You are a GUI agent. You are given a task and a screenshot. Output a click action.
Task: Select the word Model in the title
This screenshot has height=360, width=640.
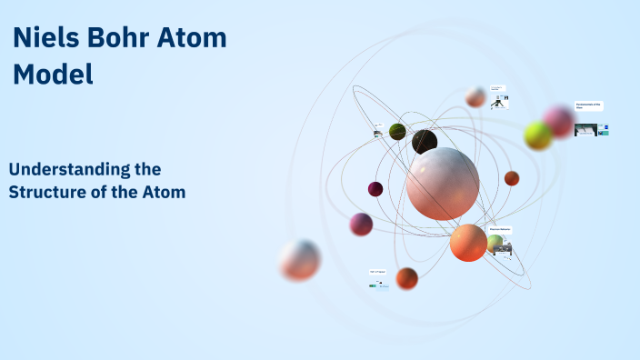(54, 74)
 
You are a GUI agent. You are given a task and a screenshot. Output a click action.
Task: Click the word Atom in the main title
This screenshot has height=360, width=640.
(195, 39)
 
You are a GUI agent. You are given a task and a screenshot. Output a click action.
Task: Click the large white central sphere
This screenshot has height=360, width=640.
(443, 184)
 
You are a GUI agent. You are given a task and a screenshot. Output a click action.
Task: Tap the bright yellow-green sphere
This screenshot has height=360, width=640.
(538, 136)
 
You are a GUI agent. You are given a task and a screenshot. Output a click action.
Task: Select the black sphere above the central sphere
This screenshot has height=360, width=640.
(425, 142)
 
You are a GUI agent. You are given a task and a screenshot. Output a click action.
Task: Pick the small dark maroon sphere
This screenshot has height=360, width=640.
(375, 189)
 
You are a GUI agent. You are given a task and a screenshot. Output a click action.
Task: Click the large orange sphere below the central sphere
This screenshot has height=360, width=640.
(468, 243)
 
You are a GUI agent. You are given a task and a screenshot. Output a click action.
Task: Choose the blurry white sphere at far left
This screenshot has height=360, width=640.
(300, 260)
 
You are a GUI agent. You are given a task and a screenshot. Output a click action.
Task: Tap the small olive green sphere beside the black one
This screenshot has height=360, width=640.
(397, 132)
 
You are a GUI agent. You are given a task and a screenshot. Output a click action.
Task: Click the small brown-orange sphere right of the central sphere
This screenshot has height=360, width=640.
(512, 178)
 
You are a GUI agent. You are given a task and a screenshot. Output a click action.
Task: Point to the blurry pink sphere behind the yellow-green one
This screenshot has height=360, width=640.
(559, 121)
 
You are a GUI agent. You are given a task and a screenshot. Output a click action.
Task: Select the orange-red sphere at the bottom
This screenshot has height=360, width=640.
(407, 278)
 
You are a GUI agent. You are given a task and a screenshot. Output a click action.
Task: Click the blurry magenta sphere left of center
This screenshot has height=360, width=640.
(362, 224)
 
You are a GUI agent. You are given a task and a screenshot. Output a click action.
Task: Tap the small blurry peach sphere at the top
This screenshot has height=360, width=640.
(475, 97)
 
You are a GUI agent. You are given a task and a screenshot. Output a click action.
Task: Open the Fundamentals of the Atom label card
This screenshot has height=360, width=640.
(589, 106)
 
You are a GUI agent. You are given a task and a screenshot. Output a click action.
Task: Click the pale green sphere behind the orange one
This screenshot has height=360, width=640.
(495, 243)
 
